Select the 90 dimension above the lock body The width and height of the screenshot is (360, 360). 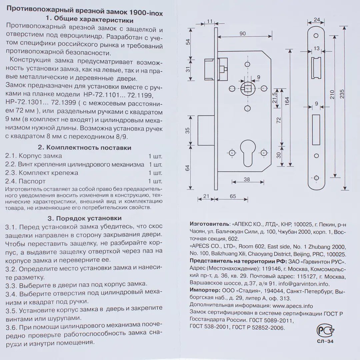(x=242, y=33)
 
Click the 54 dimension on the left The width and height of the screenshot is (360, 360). (x=188, y=42)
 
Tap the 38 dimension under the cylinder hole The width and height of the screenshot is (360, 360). (x=247, y=179)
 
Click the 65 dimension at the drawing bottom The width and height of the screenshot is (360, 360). (x=233, y=197)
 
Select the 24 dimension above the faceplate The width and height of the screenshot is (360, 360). (x=317, y=19)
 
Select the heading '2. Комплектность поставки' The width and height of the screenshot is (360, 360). (x=84, y=147)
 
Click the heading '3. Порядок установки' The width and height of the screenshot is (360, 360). (x=84, y=218)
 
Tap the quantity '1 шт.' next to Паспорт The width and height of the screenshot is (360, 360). (x=155, y=181)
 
